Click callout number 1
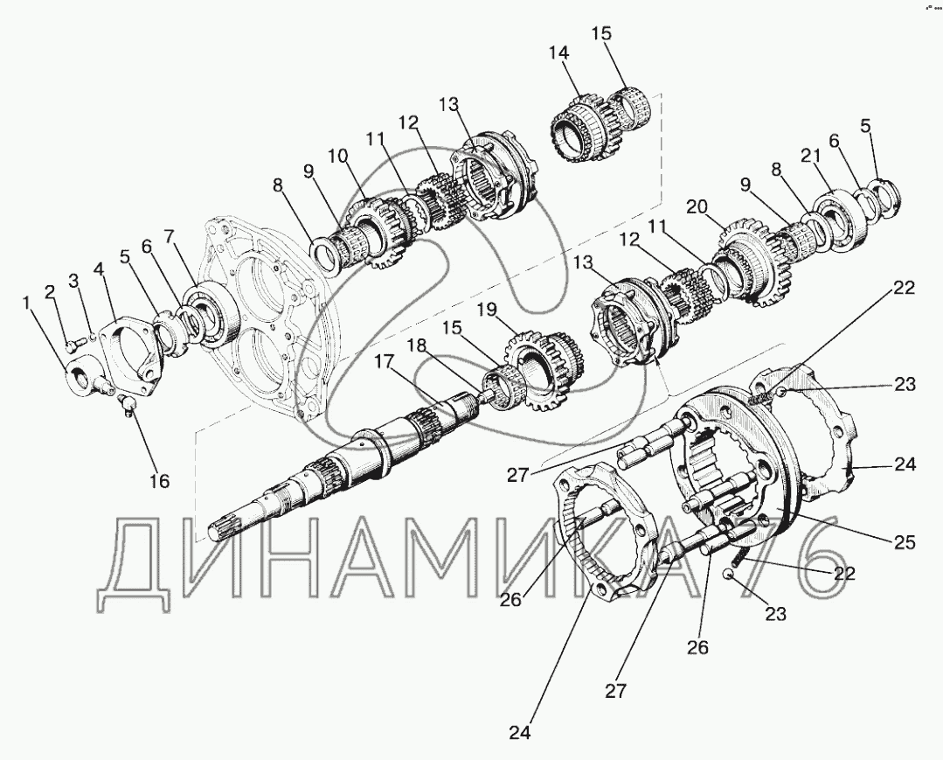pos(26,303)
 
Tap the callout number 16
pos(160,481)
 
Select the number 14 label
pos(558,52)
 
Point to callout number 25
pos(904,541)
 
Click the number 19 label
pos(487,310)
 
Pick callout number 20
pos(697,206)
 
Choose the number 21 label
pos(810,156)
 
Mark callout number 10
pos(337,157)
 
